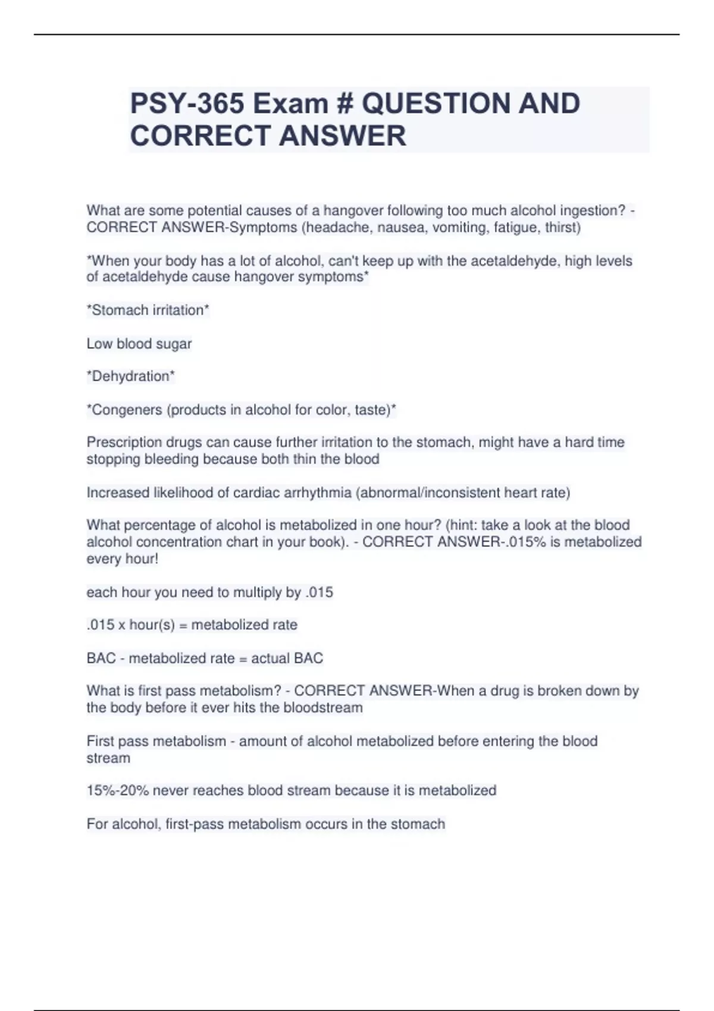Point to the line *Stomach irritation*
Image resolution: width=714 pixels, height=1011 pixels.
coord(148,310)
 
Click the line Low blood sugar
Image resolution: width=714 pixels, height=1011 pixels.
coord(139,344)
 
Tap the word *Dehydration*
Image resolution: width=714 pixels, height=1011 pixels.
coord(131,376)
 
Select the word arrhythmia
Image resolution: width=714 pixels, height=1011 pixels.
coord(316,492)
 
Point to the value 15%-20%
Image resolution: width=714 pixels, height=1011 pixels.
coord(117,790)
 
